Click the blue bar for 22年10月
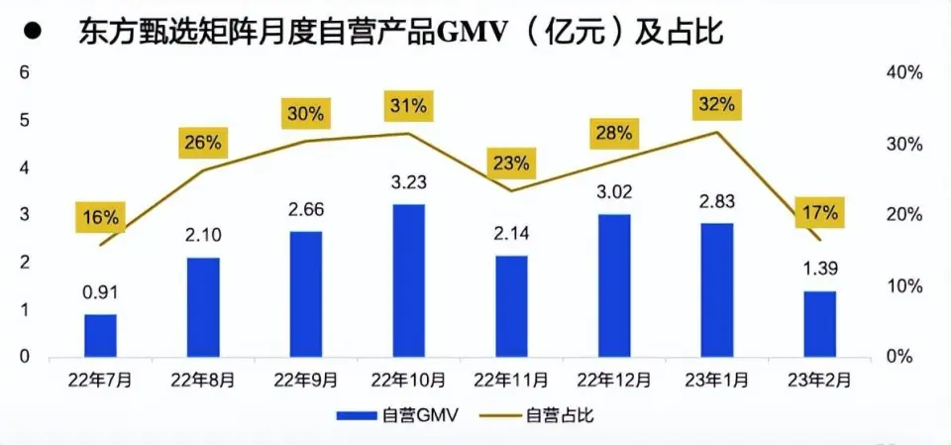(x=408, y=280)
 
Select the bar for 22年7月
(x=100, y=335)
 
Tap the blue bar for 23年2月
(x=820, y=324)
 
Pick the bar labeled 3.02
(x=614, y=285)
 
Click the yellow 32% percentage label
(x=716, y=104)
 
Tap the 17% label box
(x=820, y=212)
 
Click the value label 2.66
(x=305, y=210)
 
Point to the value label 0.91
(x=100, y=293)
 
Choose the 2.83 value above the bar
(x=716, y=202)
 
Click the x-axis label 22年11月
(x=511, y=380)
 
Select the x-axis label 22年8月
(x=203, y=380)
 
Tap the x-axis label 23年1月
(x=716, y=380)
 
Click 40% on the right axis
(x=903, y=73)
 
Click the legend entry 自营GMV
(x=395, y=415)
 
